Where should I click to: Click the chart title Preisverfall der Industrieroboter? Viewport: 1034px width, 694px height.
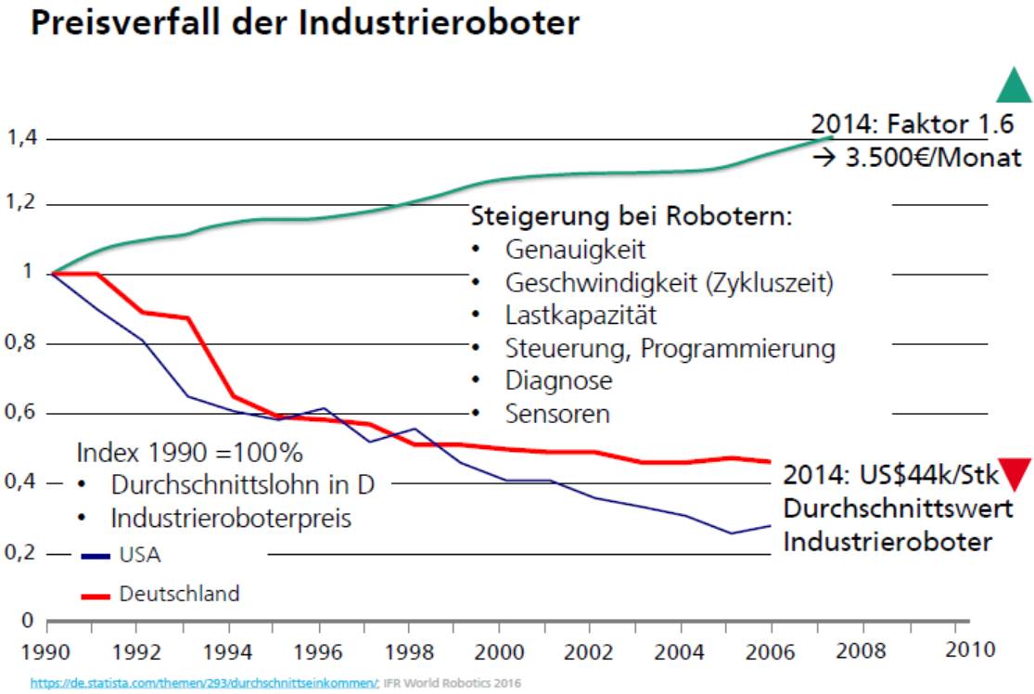coord(305,24)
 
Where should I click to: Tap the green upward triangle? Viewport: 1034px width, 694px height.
coord(1014,85)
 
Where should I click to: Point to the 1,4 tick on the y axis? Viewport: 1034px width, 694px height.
coord(20,139)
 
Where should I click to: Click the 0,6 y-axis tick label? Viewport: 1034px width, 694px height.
coord(20,413)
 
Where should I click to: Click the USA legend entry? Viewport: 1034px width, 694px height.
coord(139,556)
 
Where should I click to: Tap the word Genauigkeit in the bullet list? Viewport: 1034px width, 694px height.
coord(575,250)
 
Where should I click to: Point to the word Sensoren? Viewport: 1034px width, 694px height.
coord(557,414)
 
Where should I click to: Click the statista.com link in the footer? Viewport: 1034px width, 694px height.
coord(203,683)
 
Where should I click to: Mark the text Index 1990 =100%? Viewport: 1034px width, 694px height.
coord(189,454)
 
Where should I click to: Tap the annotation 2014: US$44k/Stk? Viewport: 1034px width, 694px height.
coord(891,475)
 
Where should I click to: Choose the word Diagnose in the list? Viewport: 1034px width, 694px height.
coord(558,380)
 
